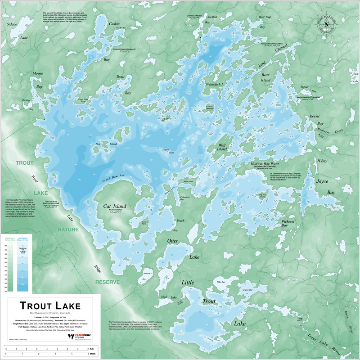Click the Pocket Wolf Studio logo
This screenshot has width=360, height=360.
coord(76,336)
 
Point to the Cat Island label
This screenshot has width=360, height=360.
coord(115,207)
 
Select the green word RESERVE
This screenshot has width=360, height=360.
coord(107,283)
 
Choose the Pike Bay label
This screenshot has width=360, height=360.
coord(220,282)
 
